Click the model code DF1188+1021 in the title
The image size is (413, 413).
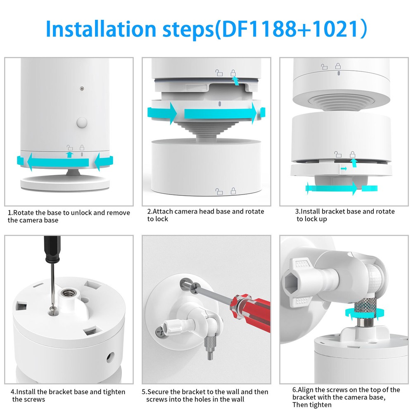291,28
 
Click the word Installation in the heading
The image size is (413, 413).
101,28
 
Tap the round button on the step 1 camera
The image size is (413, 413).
82,123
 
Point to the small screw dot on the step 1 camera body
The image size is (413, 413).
82,88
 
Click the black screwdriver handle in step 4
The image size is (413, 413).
52,249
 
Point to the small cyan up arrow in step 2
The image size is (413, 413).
235,81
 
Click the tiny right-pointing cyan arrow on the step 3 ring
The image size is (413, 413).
344,169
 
